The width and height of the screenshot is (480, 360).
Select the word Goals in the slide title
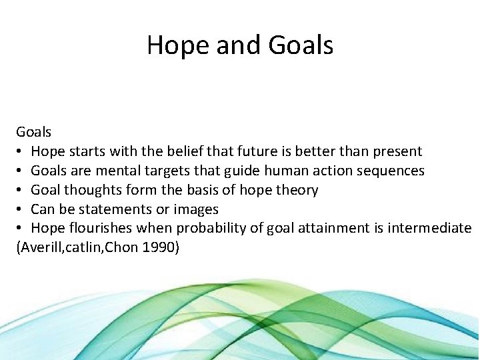300,45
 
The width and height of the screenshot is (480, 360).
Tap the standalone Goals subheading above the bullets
34,132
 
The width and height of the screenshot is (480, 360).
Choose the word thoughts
95,190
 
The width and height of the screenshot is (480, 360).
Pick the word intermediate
428,228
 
